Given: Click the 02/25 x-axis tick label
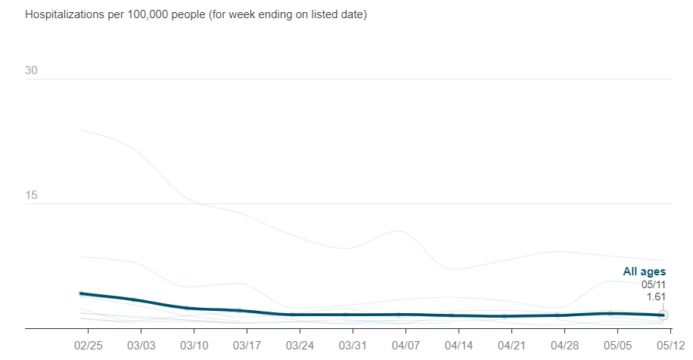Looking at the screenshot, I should coord(88,344).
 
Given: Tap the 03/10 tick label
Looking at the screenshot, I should coord(194,344).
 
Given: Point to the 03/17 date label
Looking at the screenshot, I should coord(247,344).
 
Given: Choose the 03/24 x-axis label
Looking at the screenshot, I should coord(300,344).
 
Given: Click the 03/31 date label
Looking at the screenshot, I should coord(353,344).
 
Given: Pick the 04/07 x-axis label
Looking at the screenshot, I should coord(406,344).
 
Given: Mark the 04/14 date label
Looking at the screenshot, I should coord(458,344).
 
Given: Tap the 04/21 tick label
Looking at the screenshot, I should coord(511,344).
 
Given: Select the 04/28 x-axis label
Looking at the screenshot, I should coord(564,344).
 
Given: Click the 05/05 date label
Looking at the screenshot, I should coord(617,344).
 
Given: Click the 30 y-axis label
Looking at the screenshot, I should coord(31,71).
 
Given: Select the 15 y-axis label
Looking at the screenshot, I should coord(31,196).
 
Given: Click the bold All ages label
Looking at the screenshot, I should coord(644,272).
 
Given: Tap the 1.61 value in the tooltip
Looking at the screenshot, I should coord(655,296).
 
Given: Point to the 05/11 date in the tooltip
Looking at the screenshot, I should coord(654,284).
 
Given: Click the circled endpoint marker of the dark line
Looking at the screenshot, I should coord(663,315).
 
